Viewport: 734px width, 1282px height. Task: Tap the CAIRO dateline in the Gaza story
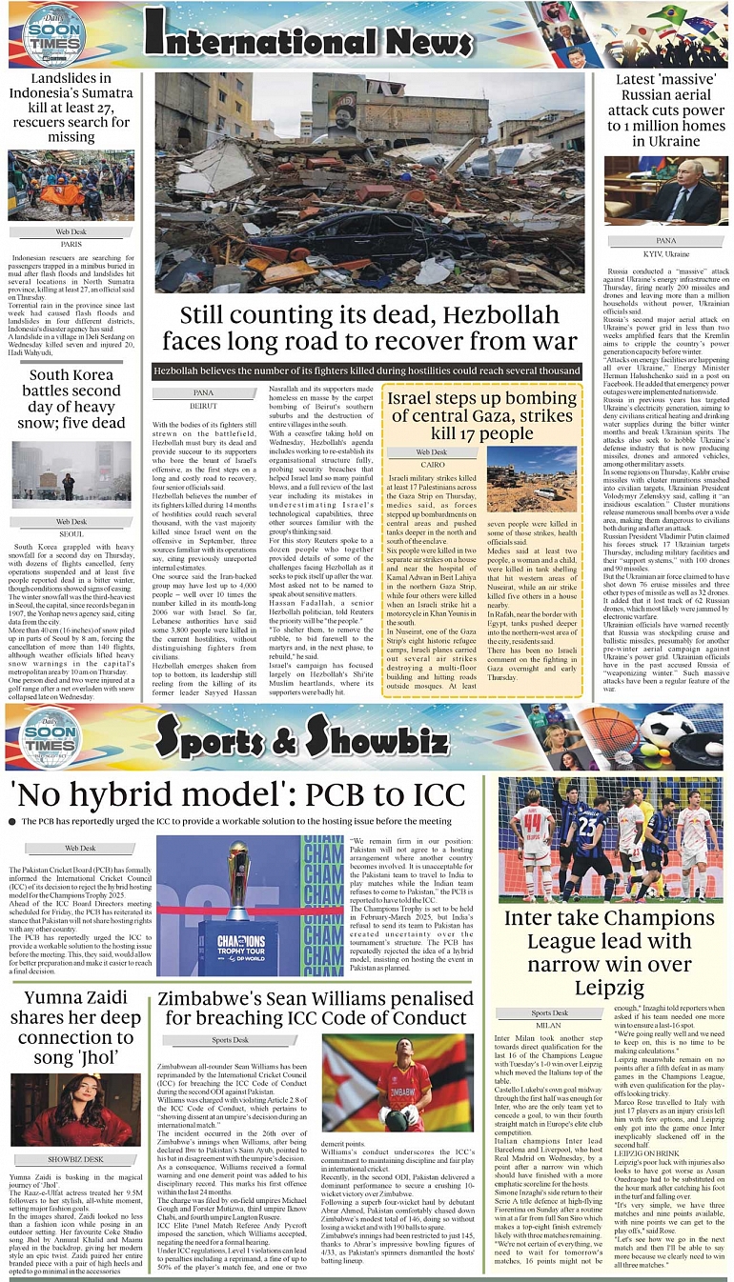(x=431, y=464)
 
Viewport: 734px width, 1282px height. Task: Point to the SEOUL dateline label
(x=71, y=533)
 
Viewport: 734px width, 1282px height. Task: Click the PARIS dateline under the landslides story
(x=71, y=244)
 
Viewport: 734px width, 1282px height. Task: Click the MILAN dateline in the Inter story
(x=548, y=1025)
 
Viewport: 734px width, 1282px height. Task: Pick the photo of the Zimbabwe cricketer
(x=398, y=1083)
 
